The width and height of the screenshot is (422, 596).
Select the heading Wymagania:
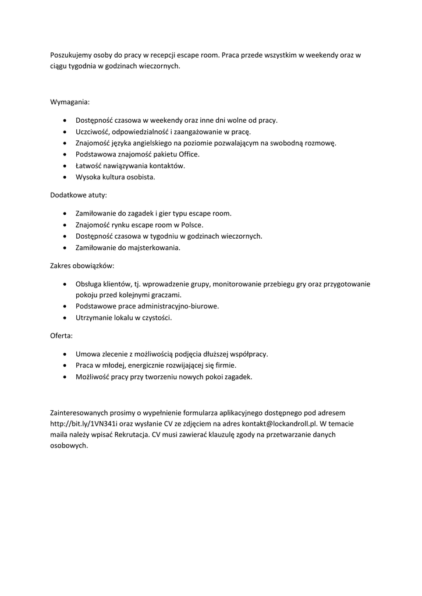tap(70, 102)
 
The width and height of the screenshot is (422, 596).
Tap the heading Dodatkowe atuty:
tap(79, 195)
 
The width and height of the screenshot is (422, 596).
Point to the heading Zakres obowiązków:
tap(82, 265)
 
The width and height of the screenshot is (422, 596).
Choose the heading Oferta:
tap(62, 336)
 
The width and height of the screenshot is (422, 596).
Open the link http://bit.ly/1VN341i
tap(84, 424)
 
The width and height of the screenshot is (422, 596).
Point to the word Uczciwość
tap(93, 132)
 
